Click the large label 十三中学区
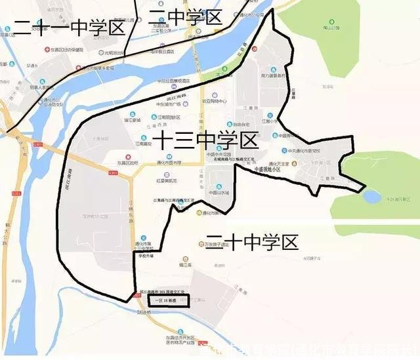click(205, 140)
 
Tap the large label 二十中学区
click(251, 242)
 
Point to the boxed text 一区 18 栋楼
click(167, 300)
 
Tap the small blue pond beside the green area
click(372, 195)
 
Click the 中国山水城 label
click(218, 193)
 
